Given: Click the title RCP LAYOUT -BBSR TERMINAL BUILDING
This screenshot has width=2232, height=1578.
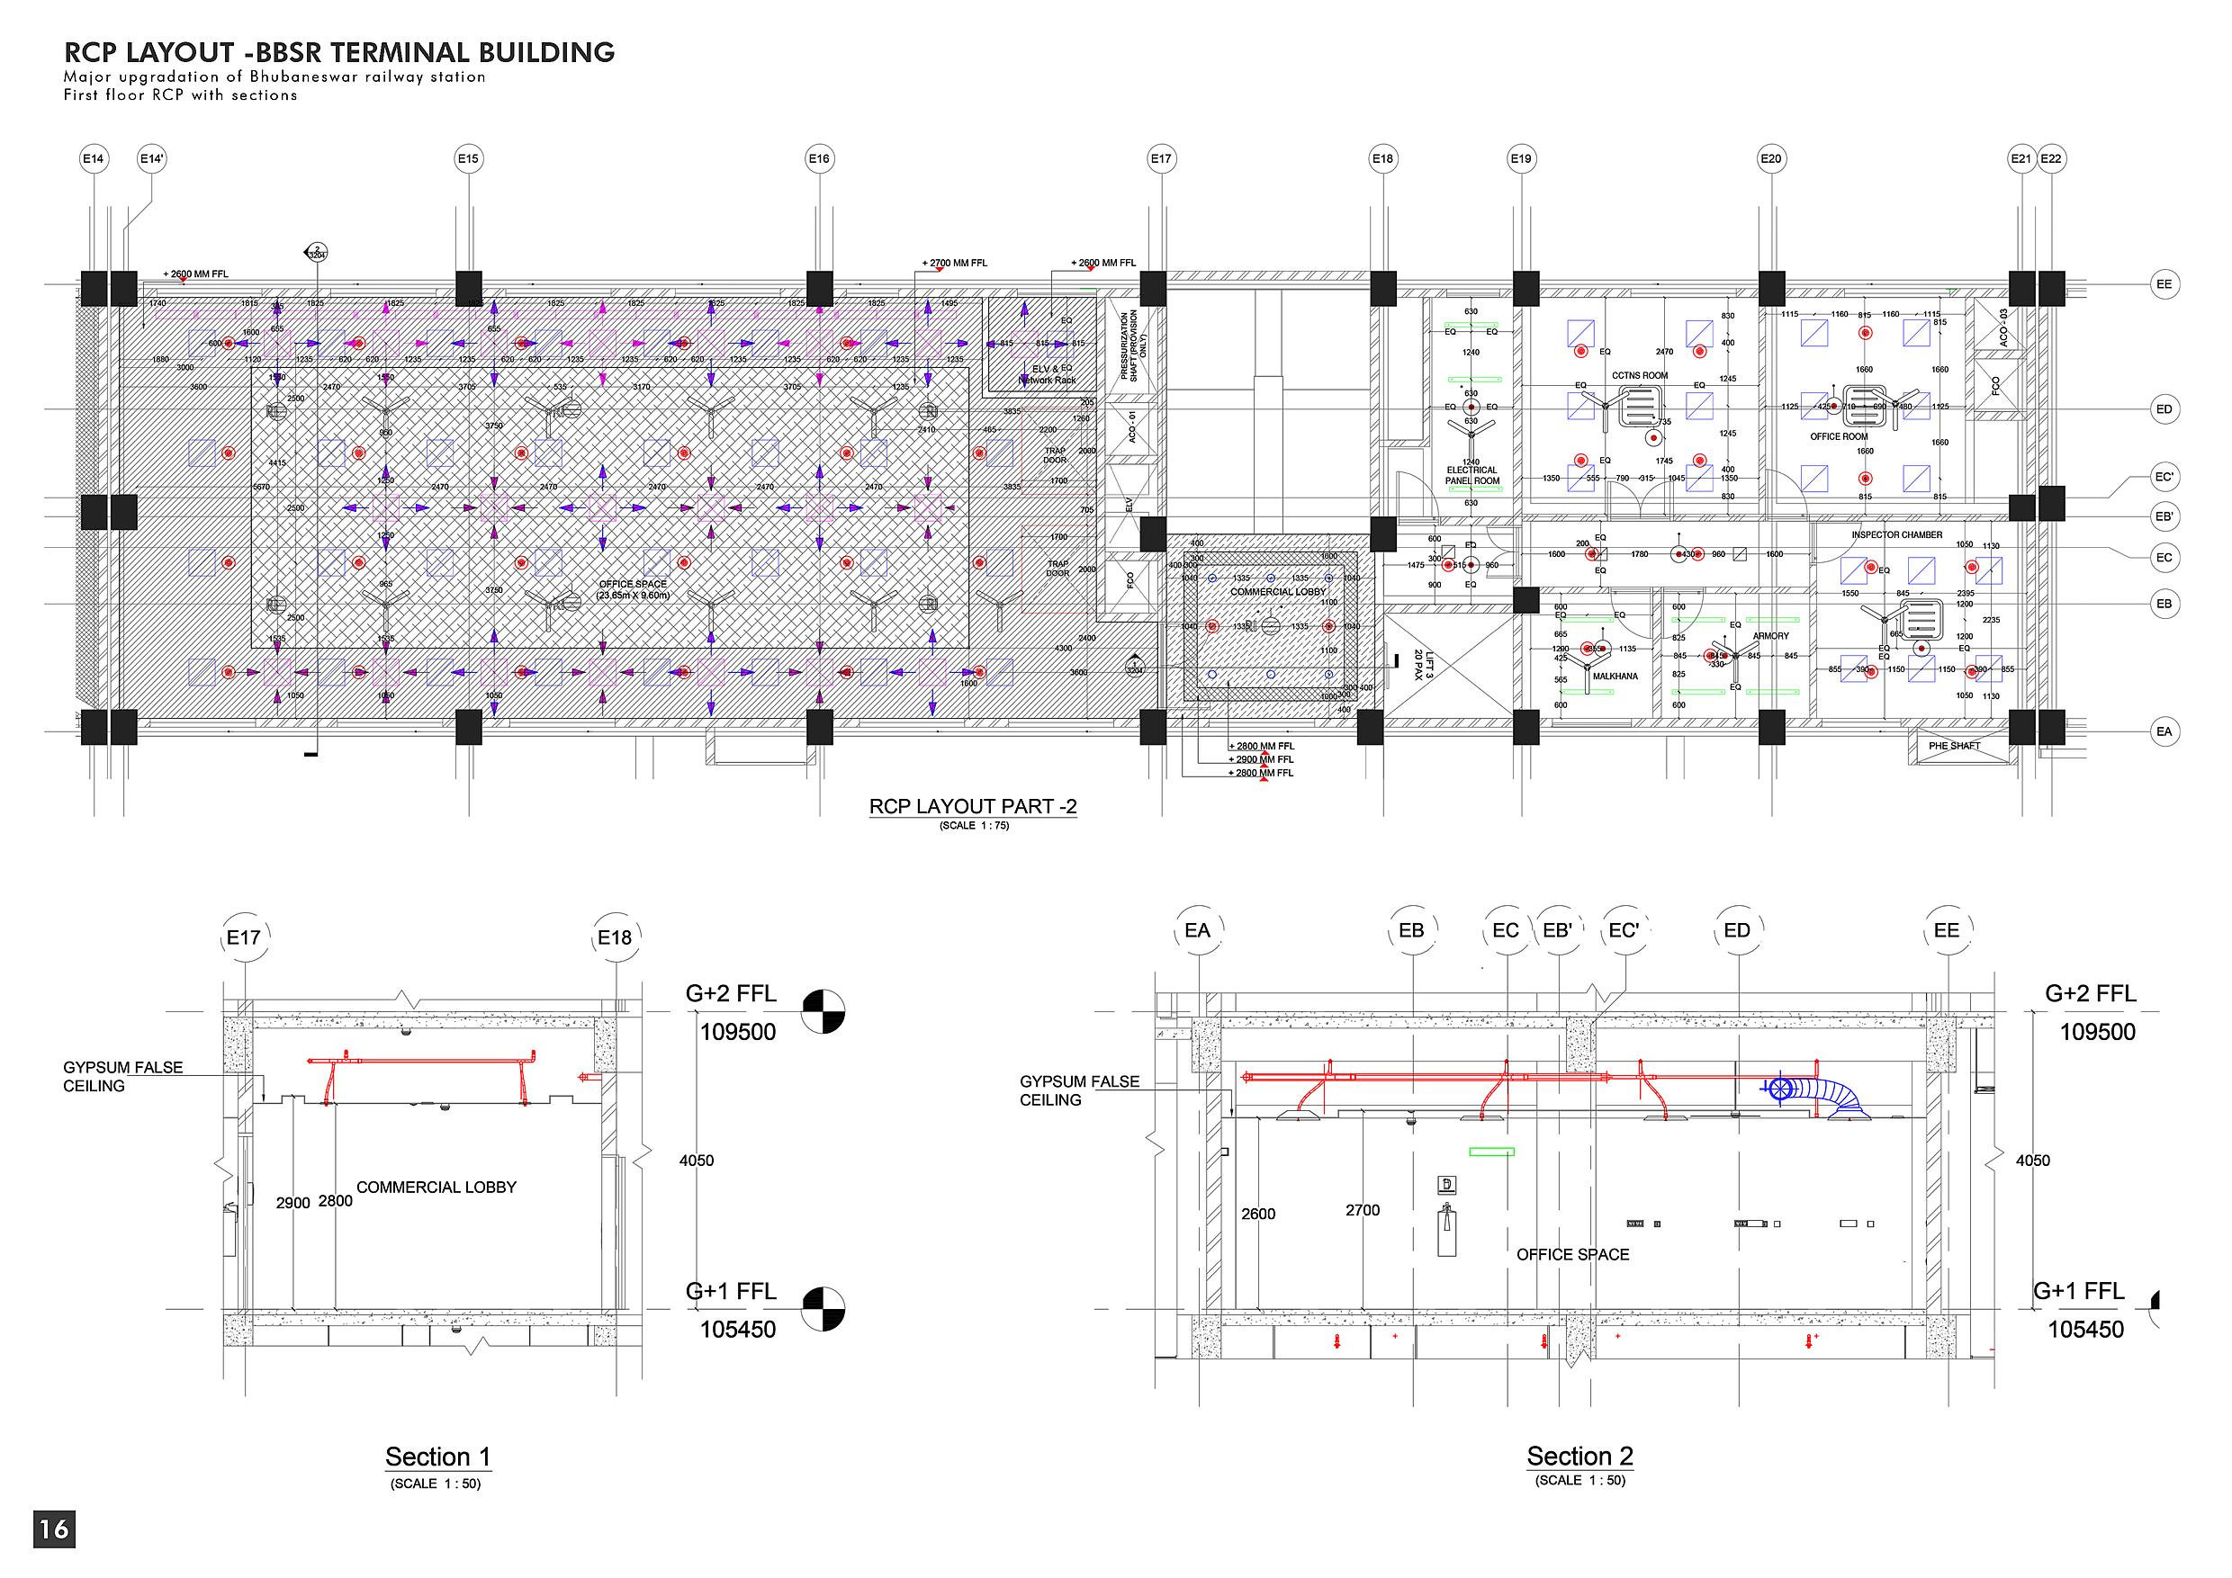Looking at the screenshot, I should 339,52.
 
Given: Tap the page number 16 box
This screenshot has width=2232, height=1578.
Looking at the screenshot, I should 54,1529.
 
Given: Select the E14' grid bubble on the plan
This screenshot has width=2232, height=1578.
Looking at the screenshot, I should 152,158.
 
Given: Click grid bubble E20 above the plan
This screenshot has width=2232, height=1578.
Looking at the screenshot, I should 1771,158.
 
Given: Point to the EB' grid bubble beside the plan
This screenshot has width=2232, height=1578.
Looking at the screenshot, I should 2164,516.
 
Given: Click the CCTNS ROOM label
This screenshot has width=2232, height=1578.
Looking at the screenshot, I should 1639,376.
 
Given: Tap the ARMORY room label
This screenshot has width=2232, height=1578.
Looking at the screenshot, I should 1770,636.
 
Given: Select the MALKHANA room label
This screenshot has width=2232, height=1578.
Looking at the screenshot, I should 1615,677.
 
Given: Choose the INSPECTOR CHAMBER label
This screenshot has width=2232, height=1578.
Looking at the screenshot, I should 1896,535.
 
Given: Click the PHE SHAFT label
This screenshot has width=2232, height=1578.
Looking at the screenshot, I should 1954,746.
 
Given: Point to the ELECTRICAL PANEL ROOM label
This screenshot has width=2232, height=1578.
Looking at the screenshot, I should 1471,475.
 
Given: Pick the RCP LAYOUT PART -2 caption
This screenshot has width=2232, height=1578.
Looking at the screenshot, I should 972,806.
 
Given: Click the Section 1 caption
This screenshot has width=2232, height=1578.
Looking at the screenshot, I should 437,1457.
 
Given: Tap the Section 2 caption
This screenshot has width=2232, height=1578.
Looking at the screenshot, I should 1579,1456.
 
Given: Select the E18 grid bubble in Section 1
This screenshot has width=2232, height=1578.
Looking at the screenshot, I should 615,937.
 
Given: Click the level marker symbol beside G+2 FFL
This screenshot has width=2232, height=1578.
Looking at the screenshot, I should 823,1010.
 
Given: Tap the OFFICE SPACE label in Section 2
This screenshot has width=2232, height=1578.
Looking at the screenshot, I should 1572,1254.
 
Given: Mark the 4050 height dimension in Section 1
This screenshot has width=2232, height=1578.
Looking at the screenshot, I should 696,1161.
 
